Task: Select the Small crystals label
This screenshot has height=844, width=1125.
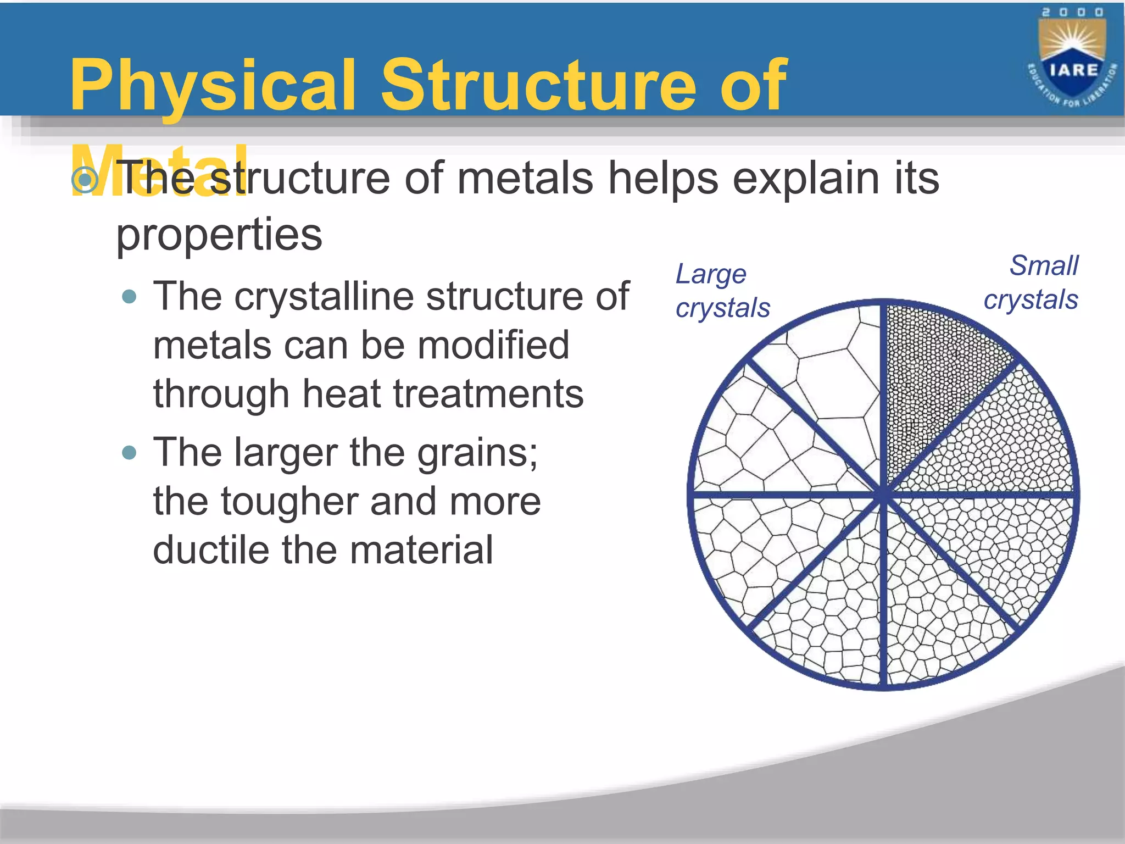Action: [x=1031, y=282]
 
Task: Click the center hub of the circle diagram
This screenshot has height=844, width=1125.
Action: [x=883, y=493]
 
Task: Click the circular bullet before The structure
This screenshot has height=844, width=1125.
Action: [x=85, y=179]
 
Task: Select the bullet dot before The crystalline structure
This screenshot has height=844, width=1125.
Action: [x=130, y=297]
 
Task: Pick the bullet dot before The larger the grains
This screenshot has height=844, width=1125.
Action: [x=130, y=453]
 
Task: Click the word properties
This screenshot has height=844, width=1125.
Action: [x=219, y=235]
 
